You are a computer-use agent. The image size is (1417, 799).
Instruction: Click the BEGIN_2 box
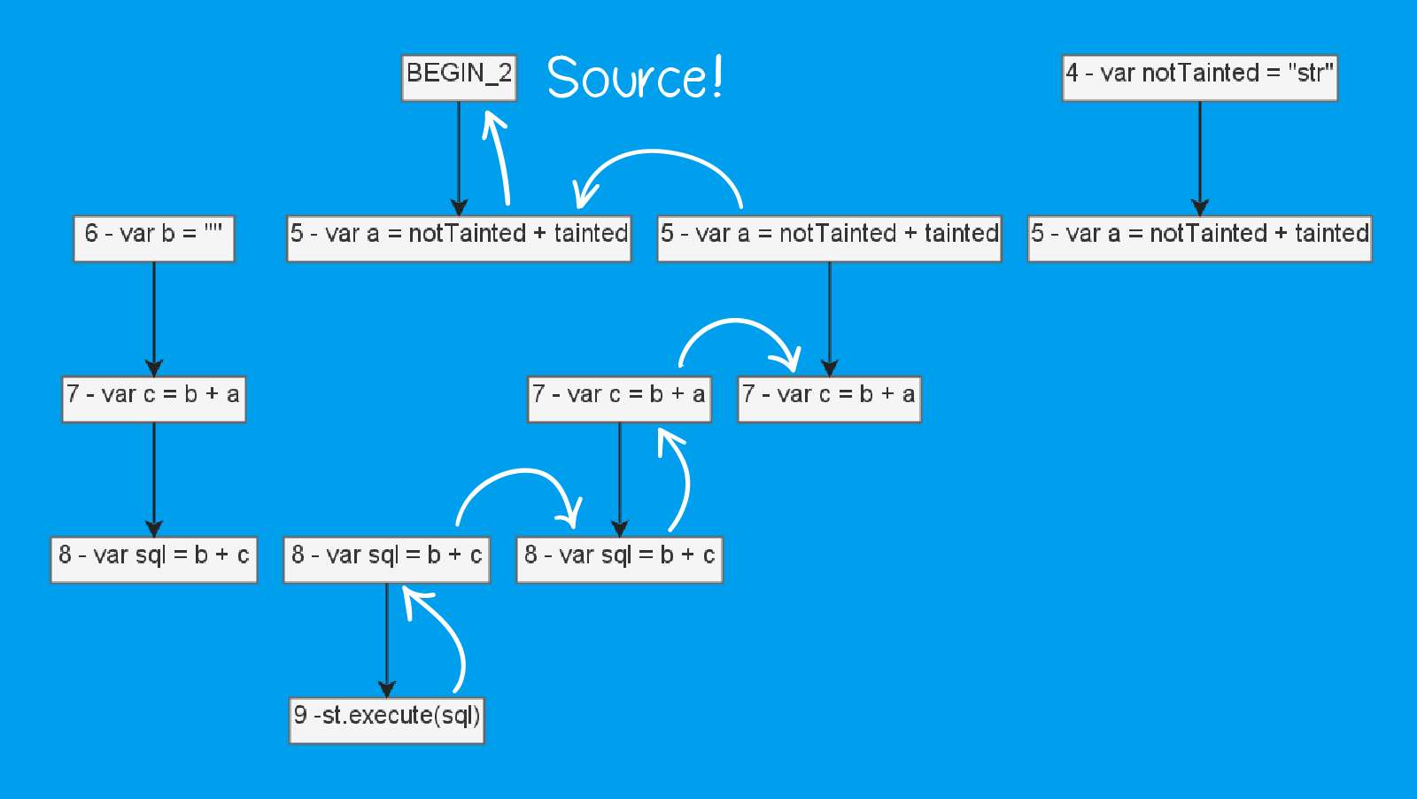[x=459, y=78]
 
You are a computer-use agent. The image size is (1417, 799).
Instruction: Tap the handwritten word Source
[x=625, y=78]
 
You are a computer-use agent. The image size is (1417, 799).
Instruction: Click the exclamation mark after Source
[x=716, y=76]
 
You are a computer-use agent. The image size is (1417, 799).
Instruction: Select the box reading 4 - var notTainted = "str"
[x=1199, y=78]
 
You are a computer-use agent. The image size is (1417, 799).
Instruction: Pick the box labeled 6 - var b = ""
[x=154, y=238]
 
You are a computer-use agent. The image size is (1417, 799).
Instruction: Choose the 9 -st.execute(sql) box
[x=387, y=720]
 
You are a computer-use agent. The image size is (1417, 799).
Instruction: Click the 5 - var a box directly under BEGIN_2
[x=459, y=238]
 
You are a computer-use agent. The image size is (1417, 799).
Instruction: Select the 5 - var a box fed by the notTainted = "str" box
[x=1199, y=238]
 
